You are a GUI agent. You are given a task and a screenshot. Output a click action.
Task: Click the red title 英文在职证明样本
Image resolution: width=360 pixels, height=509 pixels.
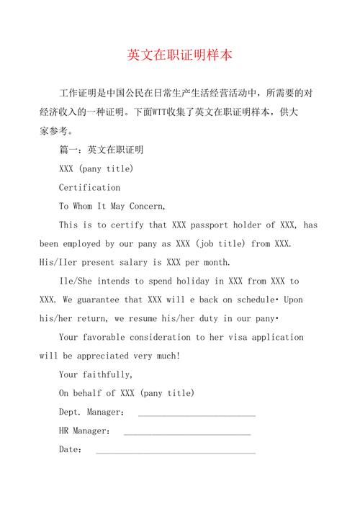(x=180, y=55)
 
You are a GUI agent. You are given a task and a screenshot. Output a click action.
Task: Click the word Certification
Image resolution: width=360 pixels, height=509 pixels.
(x=89, y=187)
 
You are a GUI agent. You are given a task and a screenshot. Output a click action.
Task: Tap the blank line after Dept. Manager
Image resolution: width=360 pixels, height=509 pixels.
(x=197, y=413)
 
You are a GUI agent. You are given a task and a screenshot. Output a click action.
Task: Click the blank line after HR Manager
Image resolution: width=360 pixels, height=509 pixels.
(x=187, y=431)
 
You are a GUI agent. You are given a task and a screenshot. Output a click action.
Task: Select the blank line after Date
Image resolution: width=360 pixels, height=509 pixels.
(x=176, y=450)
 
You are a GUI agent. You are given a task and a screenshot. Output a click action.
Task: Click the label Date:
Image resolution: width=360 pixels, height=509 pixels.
(x=71, y=450)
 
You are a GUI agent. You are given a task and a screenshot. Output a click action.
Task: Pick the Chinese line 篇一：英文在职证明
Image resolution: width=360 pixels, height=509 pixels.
(x=101, y=150)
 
